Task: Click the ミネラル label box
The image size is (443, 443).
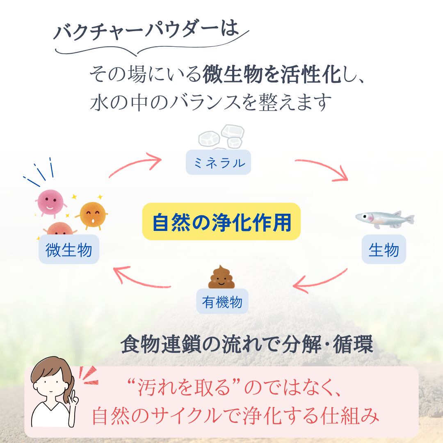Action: pos(218,162)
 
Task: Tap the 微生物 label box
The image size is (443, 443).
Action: pos(69,249)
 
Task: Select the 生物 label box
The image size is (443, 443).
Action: pos(384,249)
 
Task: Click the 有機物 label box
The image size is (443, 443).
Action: pos(222,301)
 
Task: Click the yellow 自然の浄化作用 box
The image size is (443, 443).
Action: pos(221,221)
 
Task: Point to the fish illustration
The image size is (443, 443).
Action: pos(385,219)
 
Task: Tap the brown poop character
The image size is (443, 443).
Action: pos(221,277)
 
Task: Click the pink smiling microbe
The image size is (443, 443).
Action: pos(51,202)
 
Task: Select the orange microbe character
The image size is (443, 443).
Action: pos(92,215)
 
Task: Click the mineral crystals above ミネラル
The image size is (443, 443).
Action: pos(221,137)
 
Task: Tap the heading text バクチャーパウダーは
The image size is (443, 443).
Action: pos(146,30)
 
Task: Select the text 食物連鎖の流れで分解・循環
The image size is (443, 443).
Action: pos(247,344)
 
